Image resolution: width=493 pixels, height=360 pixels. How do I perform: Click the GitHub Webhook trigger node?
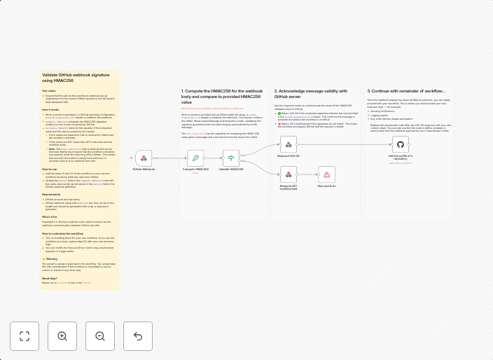coord(144,158)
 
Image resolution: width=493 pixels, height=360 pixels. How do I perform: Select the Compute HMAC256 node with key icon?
coord(195,158)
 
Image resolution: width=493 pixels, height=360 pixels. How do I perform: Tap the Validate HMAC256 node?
coord(230,158)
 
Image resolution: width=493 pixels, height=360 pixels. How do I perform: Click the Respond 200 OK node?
coord(289,145)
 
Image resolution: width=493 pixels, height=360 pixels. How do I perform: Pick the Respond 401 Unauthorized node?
coord(289,174)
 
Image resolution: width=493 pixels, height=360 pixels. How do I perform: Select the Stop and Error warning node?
coord(326,174)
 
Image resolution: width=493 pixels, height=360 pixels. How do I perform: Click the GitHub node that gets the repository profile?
coord(401,145)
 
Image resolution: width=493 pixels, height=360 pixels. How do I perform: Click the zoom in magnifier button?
coord(62,336)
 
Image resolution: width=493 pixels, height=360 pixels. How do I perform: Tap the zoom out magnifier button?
coord(100,336)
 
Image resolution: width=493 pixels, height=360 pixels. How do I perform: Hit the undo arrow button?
coord(138,336)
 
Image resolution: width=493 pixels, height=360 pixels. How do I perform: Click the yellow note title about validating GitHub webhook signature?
coord(76,77)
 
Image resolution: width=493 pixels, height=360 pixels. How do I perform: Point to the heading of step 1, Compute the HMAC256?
coord(222,97)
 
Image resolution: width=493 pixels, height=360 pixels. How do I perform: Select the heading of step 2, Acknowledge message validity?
coord(310,94)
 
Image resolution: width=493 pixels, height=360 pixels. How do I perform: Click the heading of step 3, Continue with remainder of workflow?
coord(406,91)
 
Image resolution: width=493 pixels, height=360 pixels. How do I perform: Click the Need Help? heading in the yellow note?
coord(50,278)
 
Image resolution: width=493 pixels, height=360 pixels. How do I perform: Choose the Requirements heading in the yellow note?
coord(51,195)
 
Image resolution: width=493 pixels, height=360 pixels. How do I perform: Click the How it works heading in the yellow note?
coord(50,109)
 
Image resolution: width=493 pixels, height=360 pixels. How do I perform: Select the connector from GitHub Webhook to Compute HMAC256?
coord(169,158)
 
